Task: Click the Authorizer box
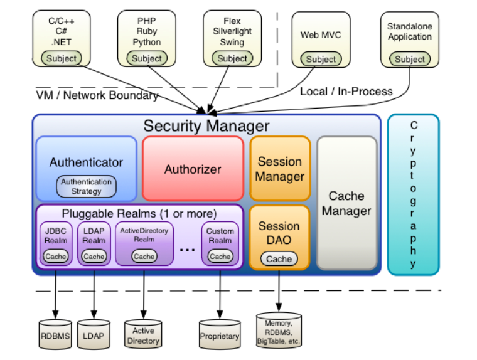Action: tap(193, 169)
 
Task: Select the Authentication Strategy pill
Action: tap(87, 186)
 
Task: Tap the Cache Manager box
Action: tap(346, 204)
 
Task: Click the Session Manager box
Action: tap(280, 169)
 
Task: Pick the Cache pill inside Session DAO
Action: tap(279, 258)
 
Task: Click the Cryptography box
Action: tap(413, 194)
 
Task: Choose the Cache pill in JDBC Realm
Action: tap(55, 256)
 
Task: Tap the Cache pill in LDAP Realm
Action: tap(94, 256)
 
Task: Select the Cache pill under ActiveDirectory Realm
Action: tap(144, 256)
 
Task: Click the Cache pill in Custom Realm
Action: tap(220, 256)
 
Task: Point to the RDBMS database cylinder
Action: tap(55, 336)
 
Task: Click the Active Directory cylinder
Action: tap(143, 336)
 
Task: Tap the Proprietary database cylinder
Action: tap(220, 336)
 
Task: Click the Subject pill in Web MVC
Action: tap(321, 59)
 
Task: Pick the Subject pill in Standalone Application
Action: tap(410, 59)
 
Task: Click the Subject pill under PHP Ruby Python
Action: tap(147, 58)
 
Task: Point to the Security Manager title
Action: tap(206, 125)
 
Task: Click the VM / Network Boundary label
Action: tap(97, 95)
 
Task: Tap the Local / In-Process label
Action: tap(346, 92)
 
